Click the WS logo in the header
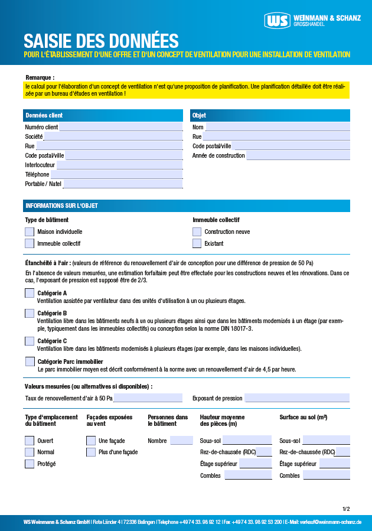click(278, 21)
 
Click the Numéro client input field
click(120, 127)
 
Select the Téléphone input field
click(116, 174)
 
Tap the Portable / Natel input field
click(123, 184)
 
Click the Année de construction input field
click(298, 155)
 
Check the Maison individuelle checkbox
click(30, 232)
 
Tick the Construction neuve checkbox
click(197, 232)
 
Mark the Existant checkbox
click(197, 243)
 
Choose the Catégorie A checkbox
click(30, 293)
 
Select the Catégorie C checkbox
click(30, 341)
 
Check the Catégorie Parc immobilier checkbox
click(30, 361)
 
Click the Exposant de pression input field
click(297, 398)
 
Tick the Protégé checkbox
click(30, 464)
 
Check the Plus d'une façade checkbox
click(91, 452)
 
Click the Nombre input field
click(181, 441)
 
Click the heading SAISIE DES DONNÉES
click(101, 40)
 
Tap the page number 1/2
click(345, 509)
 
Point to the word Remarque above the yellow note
click(40, 77)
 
